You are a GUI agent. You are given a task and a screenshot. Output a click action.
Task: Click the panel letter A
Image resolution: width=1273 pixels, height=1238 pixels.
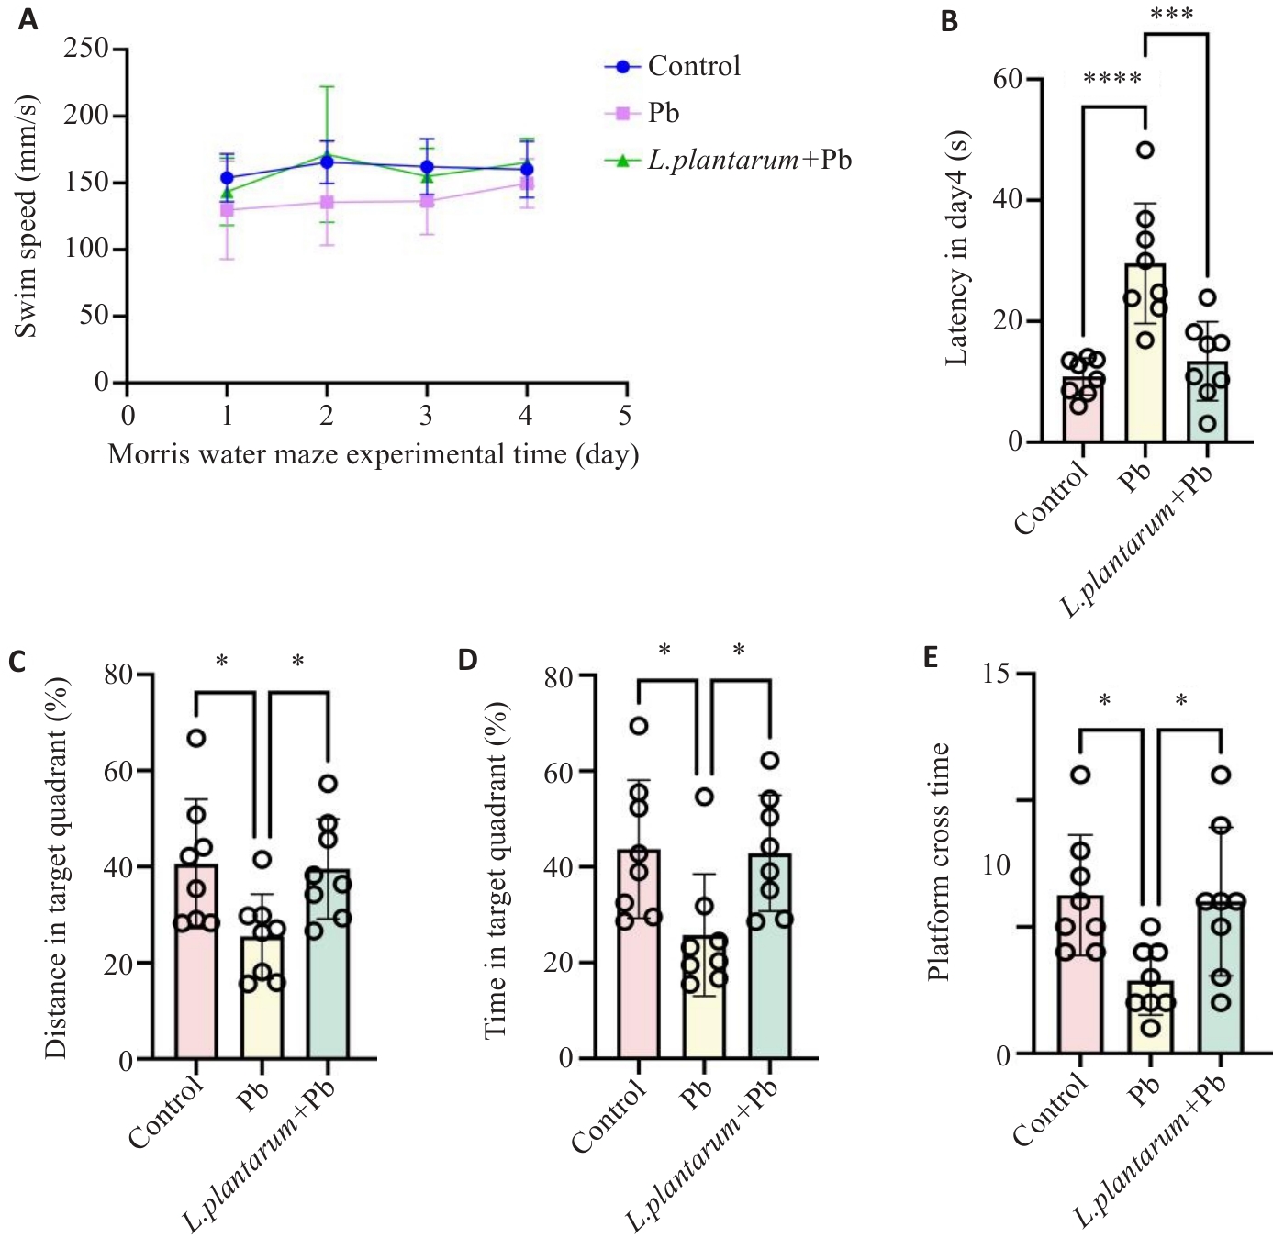(x=28, y=19)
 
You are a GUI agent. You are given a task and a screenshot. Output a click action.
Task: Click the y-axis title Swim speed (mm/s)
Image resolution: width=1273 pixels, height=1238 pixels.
(x=27, y=216)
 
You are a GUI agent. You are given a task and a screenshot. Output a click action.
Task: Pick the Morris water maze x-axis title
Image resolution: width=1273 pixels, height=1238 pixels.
(x=373, y=455)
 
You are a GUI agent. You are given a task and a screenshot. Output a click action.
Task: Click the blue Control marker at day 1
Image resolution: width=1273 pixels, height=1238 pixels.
(x=227, y=178)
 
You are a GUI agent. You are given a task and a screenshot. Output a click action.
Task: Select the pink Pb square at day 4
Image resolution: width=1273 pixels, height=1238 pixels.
(x=527, y=184)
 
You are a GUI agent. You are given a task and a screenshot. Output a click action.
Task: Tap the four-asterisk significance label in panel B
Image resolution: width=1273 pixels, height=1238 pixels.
(x=1112, y=79)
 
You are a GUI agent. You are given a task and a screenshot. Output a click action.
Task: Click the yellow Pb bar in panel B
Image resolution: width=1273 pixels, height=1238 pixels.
(x=1145, y=367)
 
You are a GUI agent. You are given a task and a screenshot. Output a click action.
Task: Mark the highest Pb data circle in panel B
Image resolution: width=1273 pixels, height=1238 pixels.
(x=1145, y=150)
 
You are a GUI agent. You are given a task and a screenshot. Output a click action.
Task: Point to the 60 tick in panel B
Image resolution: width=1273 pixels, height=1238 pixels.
(x=1007, y=79)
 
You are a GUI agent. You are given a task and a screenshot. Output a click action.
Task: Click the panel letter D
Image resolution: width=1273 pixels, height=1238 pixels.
(x=468, y=660)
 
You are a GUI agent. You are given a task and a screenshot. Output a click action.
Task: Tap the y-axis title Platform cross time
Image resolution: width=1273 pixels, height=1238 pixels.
(x=938, y=863)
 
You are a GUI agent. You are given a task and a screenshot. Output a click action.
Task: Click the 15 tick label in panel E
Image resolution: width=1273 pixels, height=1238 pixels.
(x=995, y=674)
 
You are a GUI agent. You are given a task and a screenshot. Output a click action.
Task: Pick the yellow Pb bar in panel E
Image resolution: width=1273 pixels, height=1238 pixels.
(x=1151, y=1017)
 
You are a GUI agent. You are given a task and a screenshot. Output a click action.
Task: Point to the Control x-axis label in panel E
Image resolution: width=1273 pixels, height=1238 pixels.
(x=1051, y=1110)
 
